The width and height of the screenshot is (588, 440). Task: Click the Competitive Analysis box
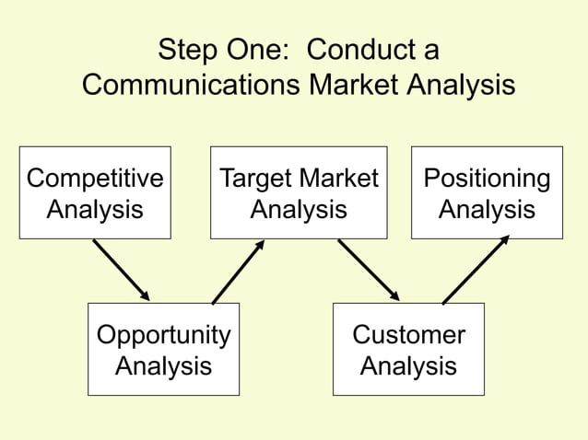point(95,192)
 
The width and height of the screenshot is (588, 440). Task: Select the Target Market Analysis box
point(298,192)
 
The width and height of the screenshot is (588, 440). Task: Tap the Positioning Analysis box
point(487,192)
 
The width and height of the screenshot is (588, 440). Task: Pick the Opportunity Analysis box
point(163,349)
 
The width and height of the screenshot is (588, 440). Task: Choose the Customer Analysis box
point(408,349)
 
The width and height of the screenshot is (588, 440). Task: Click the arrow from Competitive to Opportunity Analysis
point(121,270)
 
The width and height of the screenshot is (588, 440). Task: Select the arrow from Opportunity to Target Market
point(239,272)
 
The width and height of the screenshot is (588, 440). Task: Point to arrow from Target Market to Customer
point(368,270)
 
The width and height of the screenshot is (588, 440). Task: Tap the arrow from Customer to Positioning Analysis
point(476,270)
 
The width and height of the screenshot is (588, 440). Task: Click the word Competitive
point(95,179)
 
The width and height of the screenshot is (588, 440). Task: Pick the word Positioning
point(487,179)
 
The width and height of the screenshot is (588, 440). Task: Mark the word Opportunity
point(163,335)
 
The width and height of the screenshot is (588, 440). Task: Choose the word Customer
point(408,335)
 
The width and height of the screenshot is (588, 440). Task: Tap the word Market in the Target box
point(337,179)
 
